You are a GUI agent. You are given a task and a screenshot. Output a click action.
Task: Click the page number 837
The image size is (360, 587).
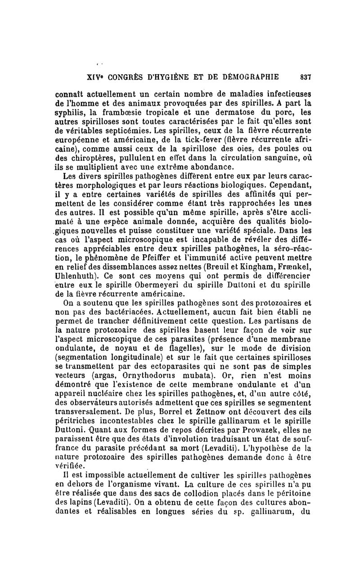click(306, 77)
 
